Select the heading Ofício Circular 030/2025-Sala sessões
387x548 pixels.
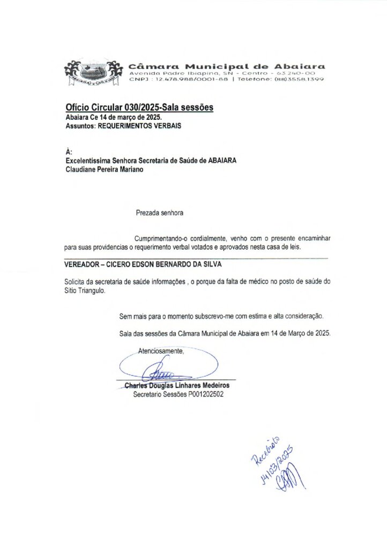(x=140, y=108)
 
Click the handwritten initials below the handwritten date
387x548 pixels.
(x=289, y=477)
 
